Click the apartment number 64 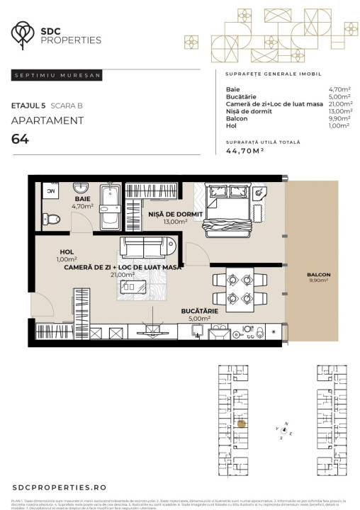click(21, 138)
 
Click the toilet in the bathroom click(50, 219)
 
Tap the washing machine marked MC click(50, 191)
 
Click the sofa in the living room click(147, 247)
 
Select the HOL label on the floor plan click(67, 251)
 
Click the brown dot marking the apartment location click(241, 424)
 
